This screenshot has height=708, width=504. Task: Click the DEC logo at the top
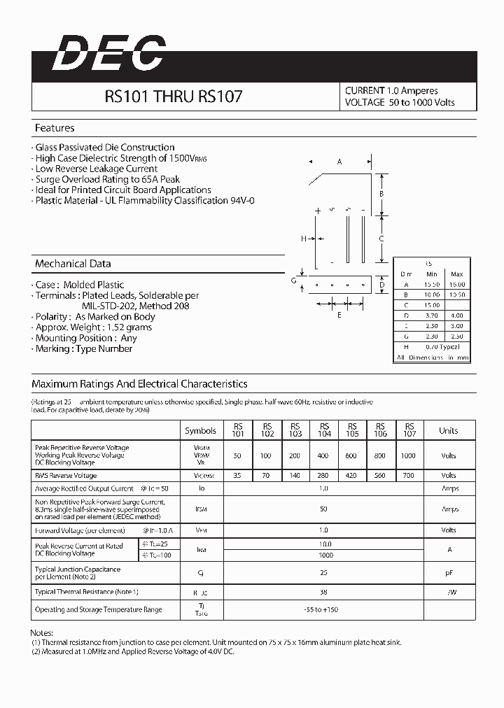pyautogui.click(x=108, y=53)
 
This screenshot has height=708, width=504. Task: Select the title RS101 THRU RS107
pyautogui.click(x=174, y=97)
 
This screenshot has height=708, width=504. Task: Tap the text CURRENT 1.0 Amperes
pyautogui.click(x=391, y=90)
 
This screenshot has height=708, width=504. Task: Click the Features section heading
pyautogui.click(x=55, y=128)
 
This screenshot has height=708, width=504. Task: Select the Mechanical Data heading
pyautogui.click(x=73, y=264)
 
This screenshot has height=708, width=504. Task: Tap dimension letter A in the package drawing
pyautogui.click(x=339, y=162)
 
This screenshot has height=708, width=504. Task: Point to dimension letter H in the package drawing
pyautogui.click(x=304, y=239)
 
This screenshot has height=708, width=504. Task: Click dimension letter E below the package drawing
pyautogui.click(x=339, y=315)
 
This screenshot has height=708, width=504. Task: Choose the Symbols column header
pyautogui.click(x=200, y=431)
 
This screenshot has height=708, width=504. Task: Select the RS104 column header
pyautogui.click(x=324, y=430)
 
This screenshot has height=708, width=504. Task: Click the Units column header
pyautogui.click(x=449, y=431)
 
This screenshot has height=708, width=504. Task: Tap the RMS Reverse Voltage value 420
pyautogui.click(x=351, y=475)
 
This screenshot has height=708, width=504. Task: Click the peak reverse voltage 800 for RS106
pyautogui.click(x=381, y=455)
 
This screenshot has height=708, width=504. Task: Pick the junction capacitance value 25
pyautogui.click(x=323, y=573)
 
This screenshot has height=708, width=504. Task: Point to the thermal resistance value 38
pyautogui.click(x=323, y=592)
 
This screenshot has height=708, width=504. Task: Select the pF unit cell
pyautogui.click(x=449, y=573)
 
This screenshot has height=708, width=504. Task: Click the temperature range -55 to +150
pyautogui.click(x=322, y=610)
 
